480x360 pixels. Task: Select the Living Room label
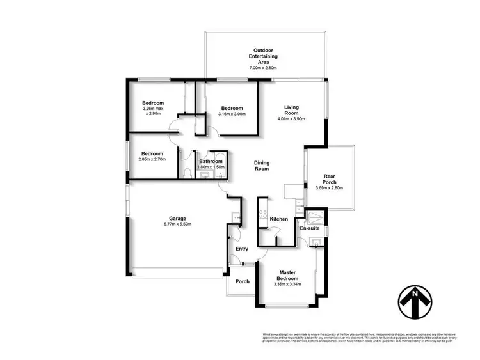click(x=292, y=110)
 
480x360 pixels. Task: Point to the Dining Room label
click(x=261, y=166)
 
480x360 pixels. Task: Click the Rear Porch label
click(x=330, y=179)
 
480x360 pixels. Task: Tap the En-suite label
click(x=310, y=228)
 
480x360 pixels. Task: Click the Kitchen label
click(x=278, y=219)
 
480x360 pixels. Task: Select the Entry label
click(x=242, y=249)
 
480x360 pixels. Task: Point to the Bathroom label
click(x=211, y=162)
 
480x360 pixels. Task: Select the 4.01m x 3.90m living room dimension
click(x=292, y=119)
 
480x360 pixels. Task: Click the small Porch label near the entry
click(x=243, y=282)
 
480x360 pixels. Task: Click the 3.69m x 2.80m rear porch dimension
click(x=330, y=188)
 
